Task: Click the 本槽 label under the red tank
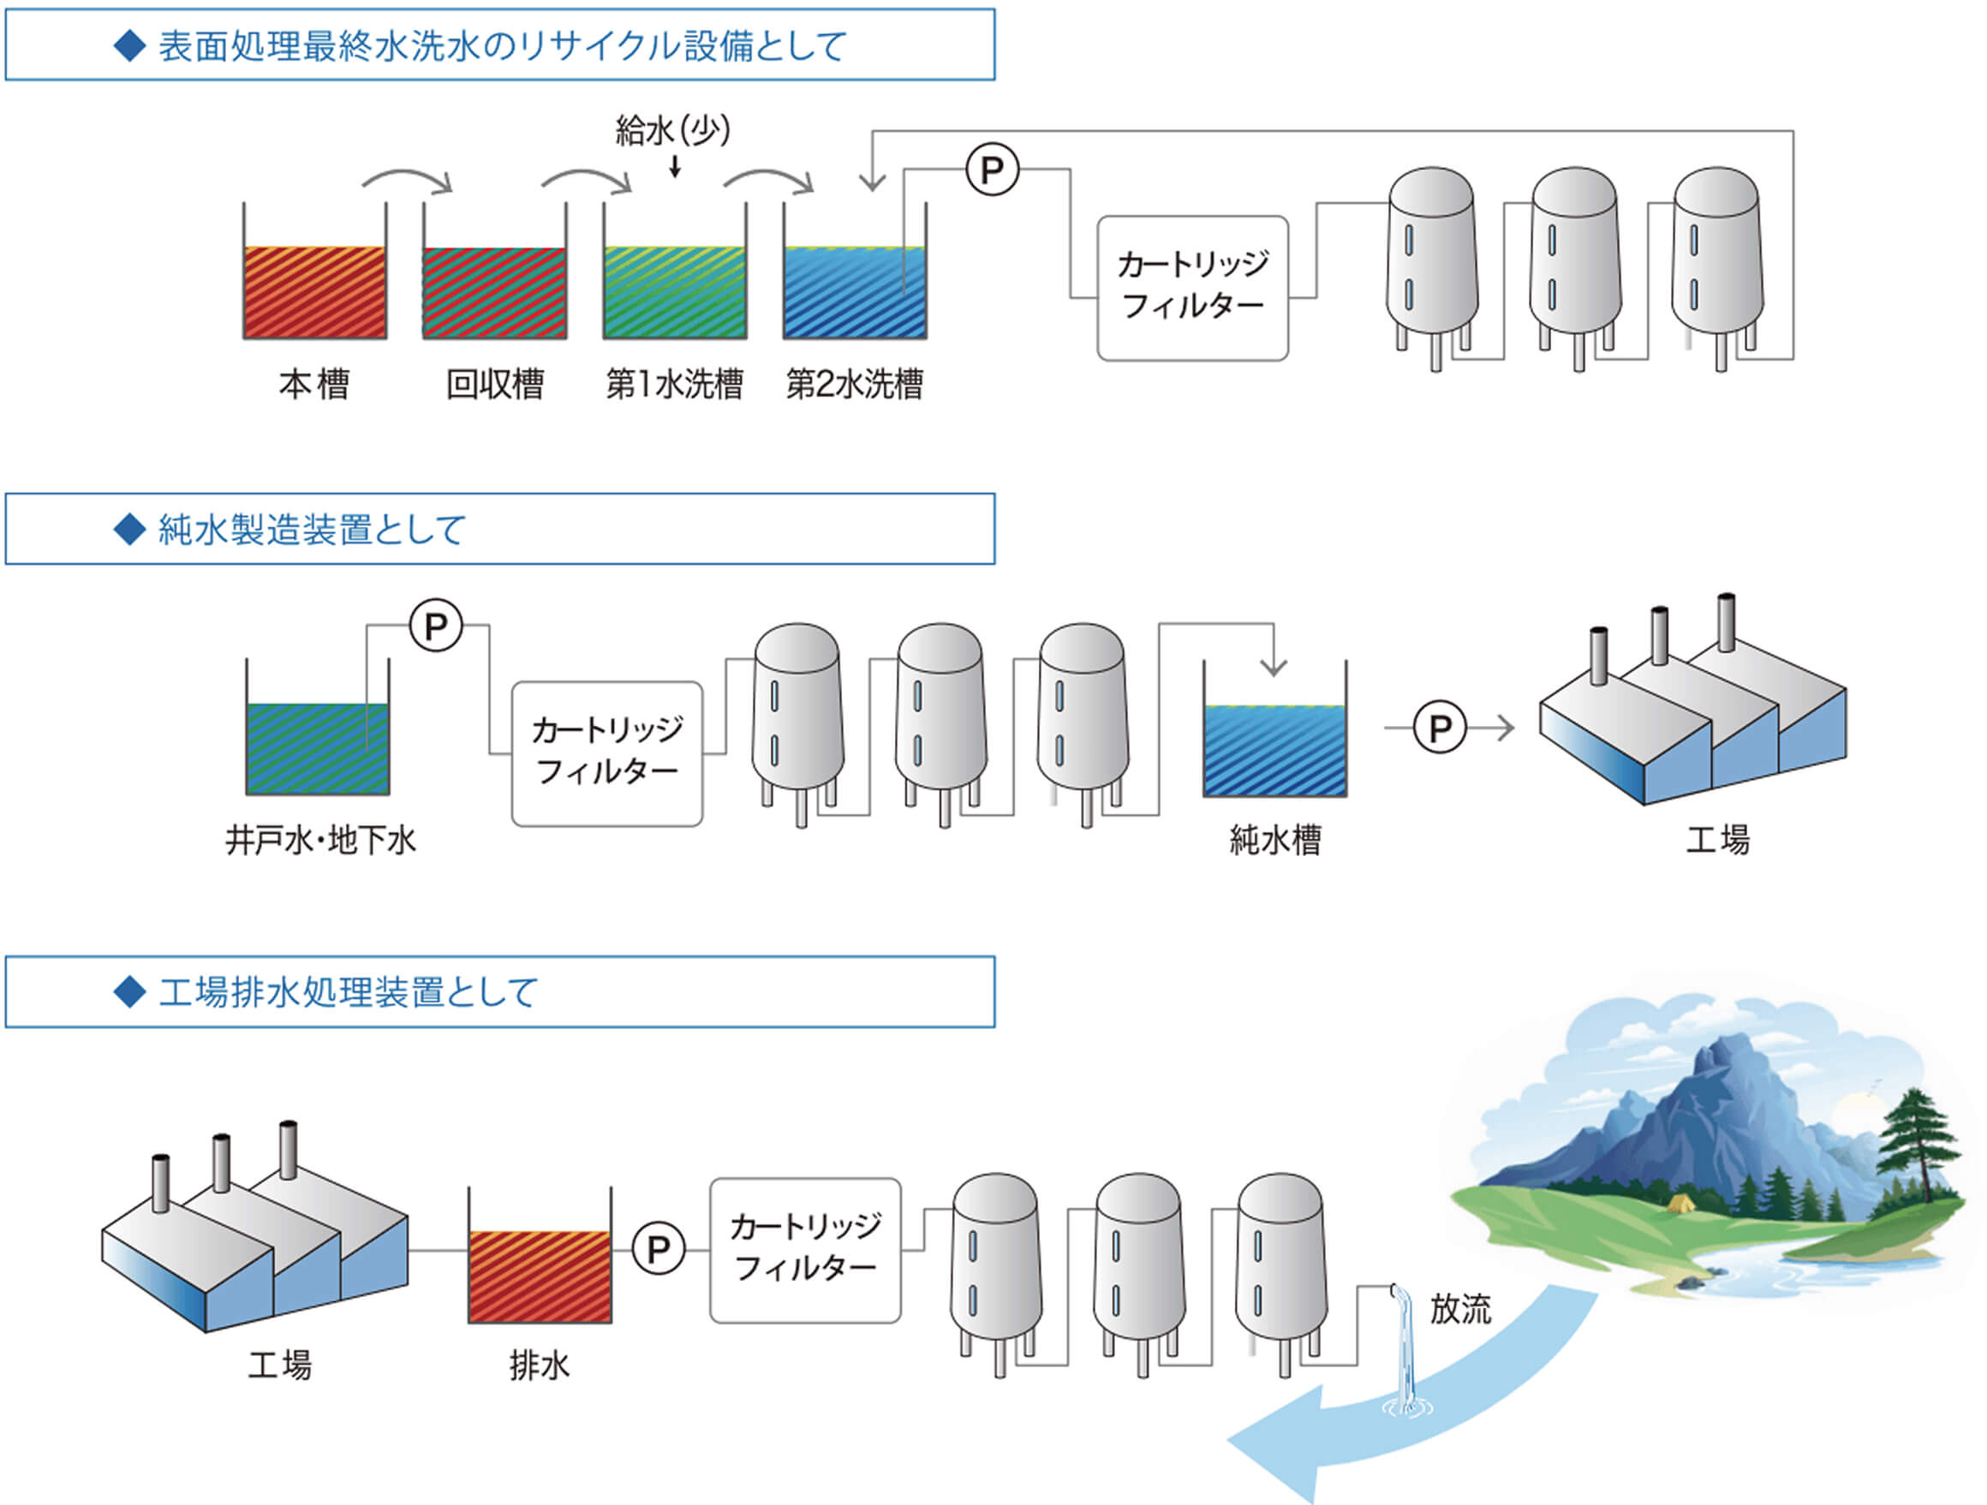tap(313, 384)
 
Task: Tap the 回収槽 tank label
tap(495, 384)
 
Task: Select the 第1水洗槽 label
tap(675, 384)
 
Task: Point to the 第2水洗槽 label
tap(854, 384)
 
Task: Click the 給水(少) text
tap(673, 131)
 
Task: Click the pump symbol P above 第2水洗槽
tap(992, 170)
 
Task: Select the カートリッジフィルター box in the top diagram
tap(1193, 289)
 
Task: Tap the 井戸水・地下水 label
tap(320, 841)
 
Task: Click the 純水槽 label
tap(1274, 841)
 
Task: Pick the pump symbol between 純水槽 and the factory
tap(1440, 728)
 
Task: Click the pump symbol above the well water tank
tap(436, 626)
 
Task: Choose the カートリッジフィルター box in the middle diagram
tap(607, 753)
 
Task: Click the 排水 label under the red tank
tap(539, 1365)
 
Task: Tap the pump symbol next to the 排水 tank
tap(659, 1248)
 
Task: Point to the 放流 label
tap(1460, 1308)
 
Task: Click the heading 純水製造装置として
tap(312, 530)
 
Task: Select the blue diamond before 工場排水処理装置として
tap(130, 992)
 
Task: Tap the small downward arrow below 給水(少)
tap(675, 167)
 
